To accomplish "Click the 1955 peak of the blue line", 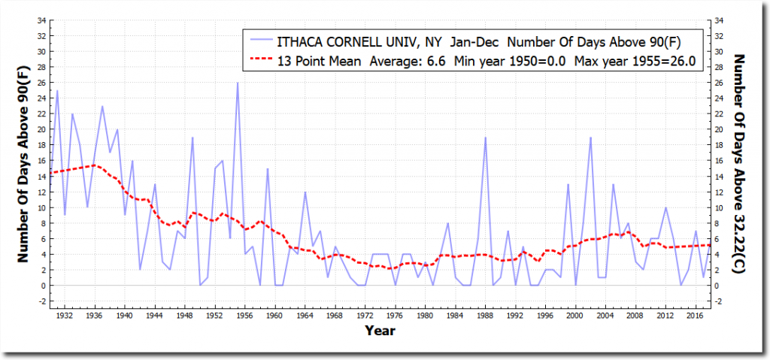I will (x=238, y=83).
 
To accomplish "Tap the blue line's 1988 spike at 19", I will (x=486, y=138).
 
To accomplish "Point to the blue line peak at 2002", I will (x=591, y=138).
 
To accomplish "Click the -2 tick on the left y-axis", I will (x=41, y=301).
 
